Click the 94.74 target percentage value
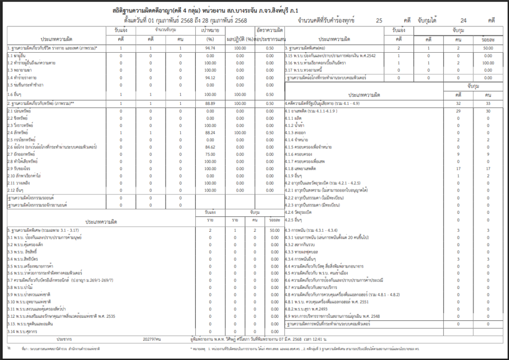[x=209, y=48]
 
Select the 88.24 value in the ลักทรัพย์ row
[x=209, y=133]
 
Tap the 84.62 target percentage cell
[x=209, y=147]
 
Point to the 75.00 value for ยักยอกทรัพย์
[x=209, y=155]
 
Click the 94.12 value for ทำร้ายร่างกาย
[x=209, y=78]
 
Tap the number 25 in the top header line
[x=379, y=21]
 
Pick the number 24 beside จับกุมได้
[x=463, y=21]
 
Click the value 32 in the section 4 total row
[x=458, y=103]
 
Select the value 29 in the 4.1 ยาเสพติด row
[x=458, y=111]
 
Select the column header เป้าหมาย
[x=210, y=30]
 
